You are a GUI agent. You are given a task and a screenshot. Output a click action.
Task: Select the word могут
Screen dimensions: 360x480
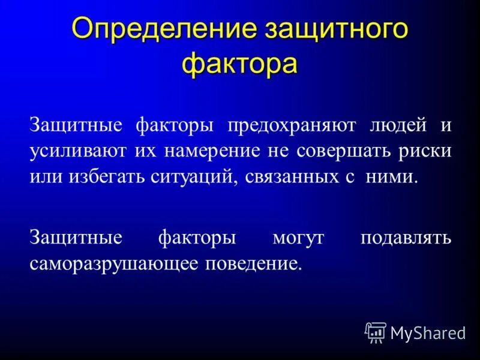[x=298, y=238]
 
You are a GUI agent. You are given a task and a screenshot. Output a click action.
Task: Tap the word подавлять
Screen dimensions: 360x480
[x=406, y=238]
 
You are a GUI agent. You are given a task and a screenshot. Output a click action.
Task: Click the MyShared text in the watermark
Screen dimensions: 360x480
[x=428, y=333]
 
